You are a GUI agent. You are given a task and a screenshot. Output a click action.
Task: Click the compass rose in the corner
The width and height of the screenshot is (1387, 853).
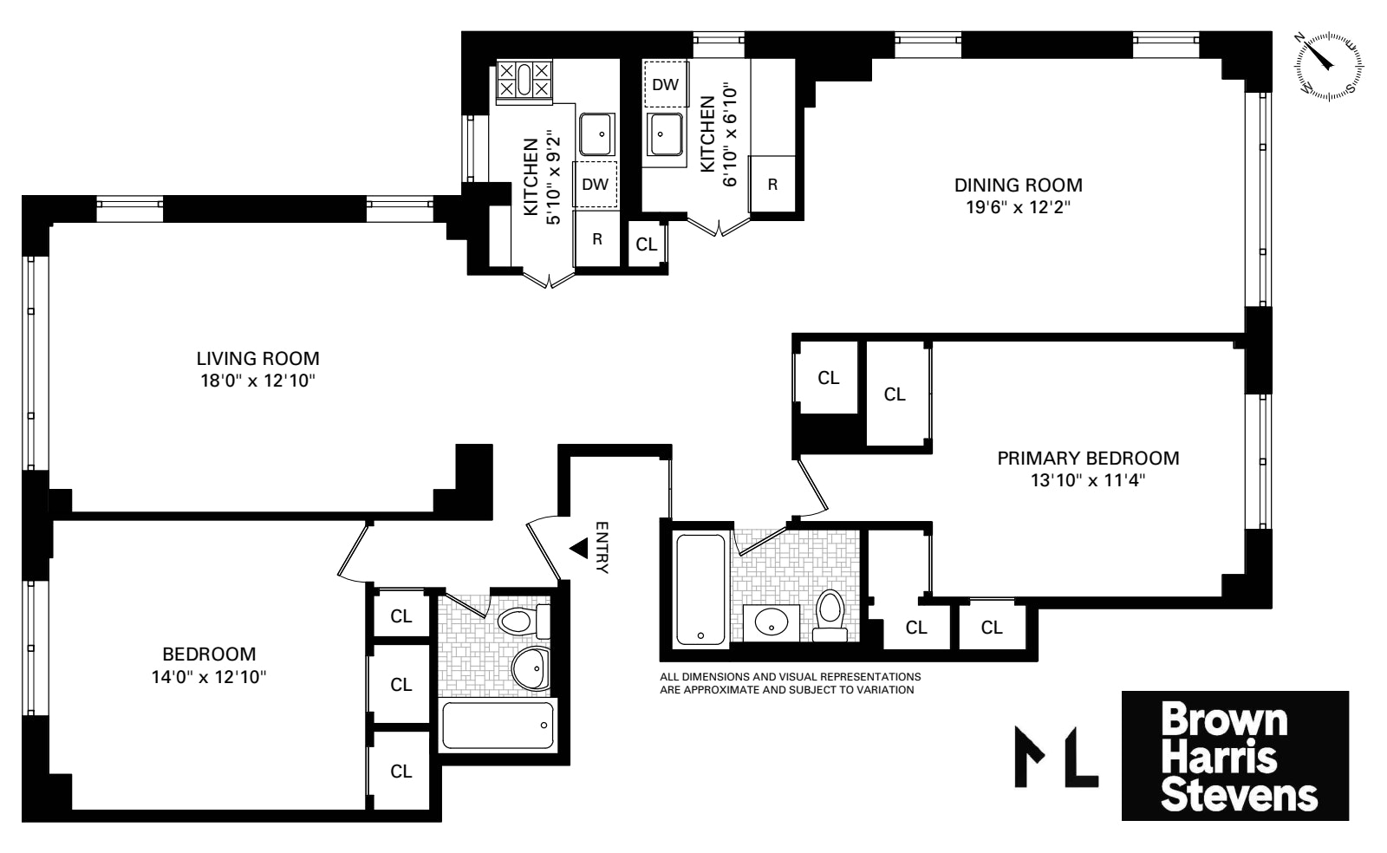[1327, 66]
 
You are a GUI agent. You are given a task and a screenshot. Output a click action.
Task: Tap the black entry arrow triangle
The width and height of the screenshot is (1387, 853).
[578, 548]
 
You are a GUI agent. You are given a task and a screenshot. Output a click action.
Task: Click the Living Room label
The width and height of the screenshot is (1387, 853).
[257, 358]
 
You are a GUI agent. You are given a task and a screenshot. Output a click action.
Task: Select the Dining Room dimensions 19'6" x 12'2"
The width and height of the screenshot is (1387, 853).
[1019, 206]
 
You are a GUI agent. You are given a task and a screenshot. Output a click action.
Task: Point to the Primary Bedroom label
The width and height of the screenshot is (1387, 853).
[1088, 458]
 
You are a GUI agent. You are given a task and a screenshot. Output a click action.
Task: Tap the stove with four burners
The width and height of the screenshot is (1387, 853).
[524, 80]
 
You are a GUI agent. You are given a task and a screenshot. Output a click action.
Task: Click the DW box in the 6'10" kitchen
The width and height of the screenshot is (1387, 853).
[665, 84]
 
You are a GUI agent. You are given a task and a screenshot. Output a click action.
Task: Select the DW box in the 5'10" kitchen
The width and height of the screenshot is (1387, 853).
[595, 185]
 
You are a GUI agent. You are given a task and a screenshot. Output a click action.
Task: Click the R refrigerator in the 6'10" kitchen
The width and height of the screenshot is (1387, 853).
[772, 185]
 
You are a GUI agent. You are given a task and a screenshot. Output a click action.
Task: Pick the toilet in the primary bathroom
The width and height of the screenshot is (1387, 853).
[830, 615]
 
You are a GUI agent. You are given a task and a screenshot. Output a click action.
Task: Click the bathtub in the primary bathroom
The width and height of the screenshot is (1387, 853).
[700, 590]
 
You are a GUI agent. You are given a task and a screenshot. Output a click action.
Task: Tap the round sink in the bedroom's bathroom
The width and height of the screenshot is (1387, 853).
[531, 667]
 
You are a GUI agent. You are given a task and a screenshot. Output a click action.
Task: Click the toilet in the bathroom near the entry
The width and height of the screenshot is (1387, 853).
[522, 622]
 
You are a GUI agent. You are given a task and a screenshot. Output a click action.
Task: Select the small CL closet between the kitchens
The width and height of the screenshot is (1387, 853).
[646, 244]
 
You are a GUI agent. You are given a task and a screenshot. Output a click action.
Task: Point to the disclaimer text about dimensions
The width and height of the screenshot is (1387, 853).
[789, 683]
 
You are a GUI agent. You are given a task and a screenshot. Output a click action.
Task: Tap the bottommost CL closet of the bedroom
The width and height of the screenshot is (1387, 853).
[400, 771]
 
